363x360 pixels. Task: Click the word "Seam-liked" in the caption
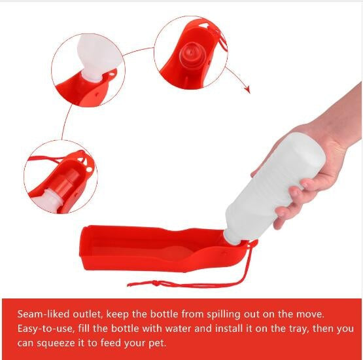(x=43, y=314)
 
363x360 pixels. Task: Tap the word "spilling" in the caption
(x=224, y=315)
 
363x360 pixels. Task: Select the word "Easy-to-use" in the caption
(x=46, y=329)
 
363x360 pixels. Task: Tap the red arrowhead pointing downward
(x=248, y=89)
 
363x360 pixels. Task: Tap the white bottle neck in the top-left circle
(x=92, y=77)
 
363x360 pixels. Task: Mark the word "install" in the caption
(x=230, y=329)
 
